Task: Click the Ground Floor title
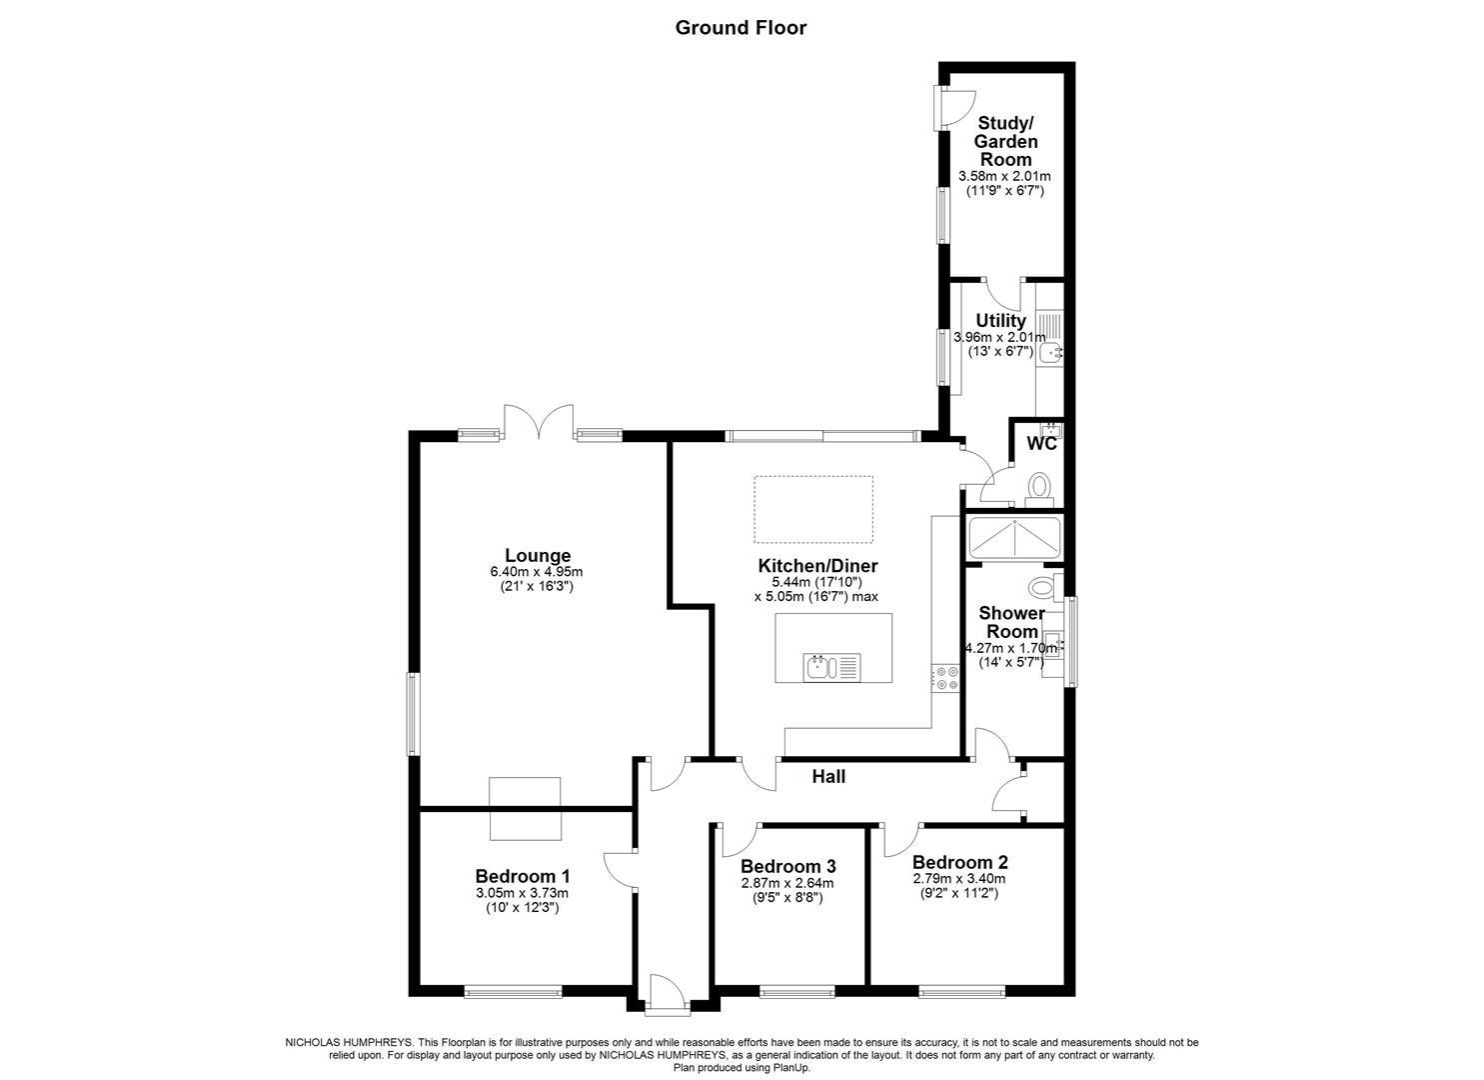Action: (x=741, y=27)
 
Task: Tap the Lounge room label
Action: (x=537, y=556)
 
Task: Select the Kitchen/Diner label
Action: (x=815, y=566)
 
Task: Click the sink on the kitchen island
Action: (x=817, y=666)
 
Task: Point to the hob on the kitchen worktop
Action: (x=944, y=678)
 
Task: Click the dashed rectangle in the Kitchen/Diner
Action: (x=812, y=509)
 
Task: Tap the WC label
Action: (x=1041, y=444)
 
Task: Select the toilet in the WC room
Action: (x=1038, y=487)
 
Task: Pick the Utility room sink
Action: (x=1050, y=352)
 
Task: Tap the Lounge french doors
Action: (x=539, y=424)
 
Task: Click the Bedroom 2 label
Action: (x=959, y=862)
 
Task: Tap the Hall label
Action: (x=828, y=776)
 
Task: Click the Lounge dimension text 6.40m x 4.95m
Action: (x=536, y=572)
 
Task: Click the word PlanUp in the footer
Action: (x=789, y=1068)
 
